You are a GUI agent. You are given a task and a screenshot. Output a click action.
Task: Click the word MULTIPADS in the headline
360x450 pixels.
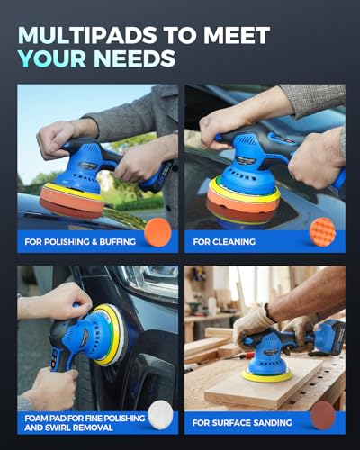(x=87, y=35)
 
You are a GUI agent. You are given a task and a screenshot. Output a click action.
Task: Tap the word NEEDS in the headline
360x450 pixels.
(x=135, y=58)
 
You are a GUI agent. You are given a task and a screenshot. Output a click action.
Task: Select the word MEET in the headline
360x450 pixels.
(x=237, y=35)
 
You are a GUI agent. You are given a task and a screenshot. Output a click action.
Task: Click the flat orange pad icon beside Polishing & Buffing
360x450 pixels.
(x=157, y=232)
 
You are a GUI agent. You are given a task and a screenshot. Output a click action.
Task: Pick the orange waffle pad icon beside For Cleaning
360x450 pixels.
(x=323, y=232)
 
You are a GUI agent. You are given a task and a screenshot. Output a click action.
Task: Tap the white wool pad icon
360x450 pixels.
(x=161, y=415)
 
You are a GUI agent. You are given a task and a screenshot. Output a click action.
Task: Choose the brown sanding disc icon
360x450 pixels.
(x=323, y=415)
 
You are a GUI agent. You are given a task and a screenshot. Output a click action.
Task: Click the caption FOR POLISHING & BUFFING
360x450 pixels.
(x=80, y=242)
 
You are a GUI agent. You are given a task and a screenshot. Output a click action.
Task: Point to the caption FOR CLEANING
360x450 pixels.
(x=224, y=242)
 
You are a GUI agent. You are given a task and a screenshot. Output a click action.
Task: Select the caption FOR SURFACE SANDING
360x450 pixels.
(x=242, y=423)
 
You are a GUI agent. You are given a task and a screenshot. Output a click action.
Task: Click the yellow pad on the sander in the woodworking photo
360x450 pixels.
(x=267, y=375)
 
